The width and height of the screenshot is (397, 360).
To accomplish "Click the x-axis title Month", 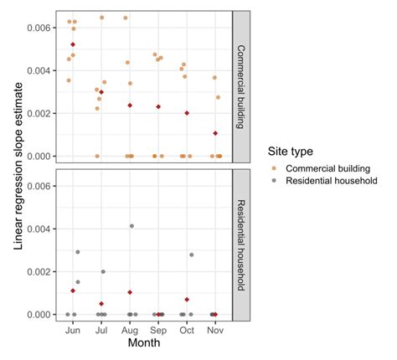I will pyautogui.click(x=144, y=343).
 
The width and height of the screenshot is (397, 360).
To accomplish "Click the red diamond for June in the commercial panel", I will pyautogui.click(x=73, y=44).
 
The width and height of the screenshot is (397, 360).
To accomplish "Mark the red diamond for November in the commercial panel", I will pyautogui.click(x=215, y=133).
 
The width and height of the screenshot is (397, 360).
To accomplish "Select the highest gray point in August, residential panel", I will pyautogui.click(x=131, y=226).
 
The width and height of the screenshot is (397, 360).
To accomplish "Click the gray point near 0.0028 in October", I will pyautogui.click(x=192, y=255).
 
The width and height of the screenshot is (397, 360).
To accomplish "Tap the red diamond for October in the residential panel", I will pyautogui.click(x=187, y=300).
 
